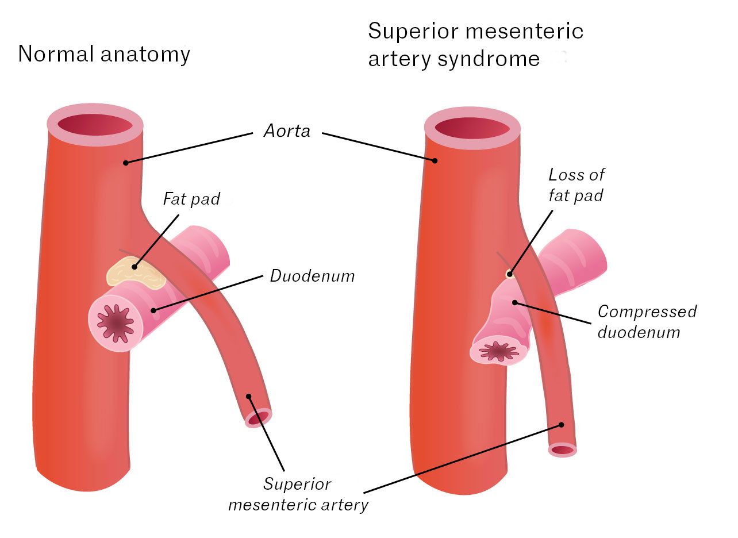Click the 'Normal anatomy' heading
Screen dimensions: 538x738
tap(104, 54)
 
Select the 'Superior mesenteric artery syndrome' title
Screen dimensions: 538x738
tap(475, 45)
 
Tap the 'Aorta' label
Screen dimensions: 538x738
tap(287, 131)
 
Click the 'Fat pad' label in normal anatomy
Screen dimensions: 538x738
tap(191, 199)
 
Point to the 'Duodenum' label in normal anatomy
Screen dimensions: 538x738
tap(312, 276)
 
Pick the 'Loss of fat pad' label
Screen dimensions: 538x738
tap(576, 185)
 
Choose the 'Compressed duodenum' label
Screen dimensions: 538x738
tap(647, 321)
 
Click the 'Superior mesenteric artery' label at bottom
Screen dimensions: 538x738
tap(298, 494)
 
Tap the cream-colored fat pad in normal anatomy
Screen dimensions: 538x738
tap(136, 272)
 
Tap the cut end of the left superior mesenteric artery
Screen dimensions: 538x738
tap(258, 418)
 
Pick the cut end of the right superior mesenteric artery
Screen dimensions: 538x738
tap(562, 450)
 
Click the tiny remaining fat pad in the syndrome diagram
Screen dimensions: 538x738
tap(508, 274)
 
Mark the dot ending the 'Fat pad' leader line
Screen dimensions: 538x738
tap(134, 266)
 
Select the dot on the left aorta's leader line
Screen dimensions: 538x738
tap(125, 163)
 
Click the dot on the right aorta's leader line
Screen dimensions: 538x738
tap(435, 160)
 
